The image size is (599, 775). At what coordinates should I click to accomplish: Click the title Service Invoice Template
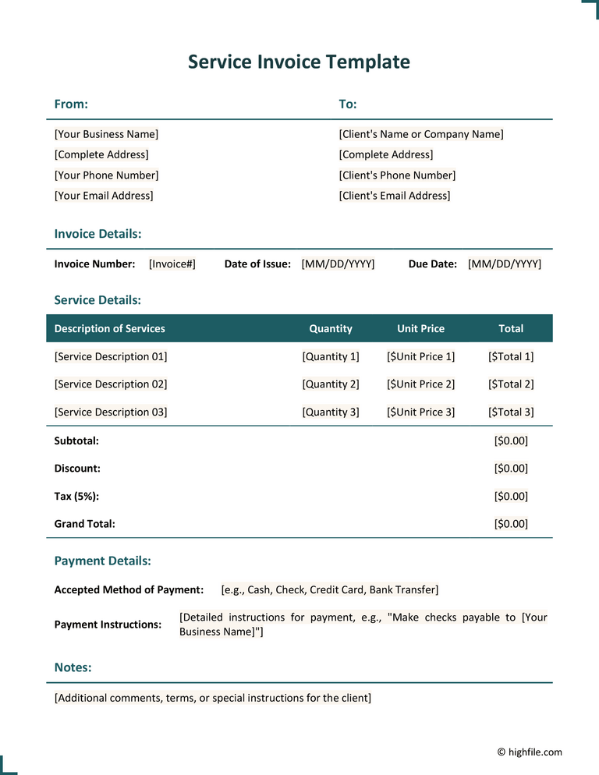coord(299,62)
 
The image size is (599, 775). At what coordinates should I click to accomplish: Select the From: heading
coord(71,104)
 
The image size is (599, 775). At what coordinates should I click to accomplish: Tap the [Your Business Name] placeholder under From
coord(106,134)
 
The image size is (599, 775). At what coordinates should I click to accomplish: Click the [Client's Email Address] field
coord(395,196)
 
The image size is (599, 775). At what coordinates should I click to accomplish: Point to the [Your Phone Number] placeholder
coord(106,175)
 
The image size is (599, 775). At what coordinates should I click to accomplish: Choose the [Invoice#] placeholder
coord(172,264)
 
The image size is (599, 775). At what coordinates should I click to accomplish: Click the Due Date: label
coord(433,264)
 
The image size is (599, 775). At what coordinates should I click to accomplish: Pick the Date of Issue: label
coord(257,264)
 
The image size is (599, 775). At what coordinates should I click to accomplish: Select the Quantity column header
coord(331,329)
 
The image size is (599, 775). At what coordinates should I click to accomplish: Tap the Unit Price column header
coord(420,329)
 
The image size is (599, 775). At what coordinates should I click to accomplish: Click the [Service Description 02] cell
coord(111,384)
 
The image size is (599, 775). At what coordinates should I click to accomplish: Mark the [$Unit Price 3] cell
coord(420,412)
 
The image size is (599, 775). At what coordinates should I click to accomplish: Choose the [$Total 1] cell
coord(511,357)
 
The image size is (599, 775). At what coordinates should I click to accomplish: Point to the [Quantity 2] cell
coord(331,384)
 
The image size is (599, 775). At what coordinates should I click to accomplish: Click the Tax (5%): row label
coord(76,497)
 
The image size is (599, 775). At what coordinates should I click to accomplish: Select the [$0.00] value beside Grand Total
coord(511,524)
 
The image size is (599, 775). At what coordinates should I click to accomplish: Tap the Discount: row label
coord(77,469)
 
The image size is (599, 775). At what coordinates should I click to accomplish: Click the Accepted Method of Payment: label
coord(129,590)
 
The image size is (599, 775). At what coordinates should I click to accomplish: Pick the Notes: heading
coord(73,668)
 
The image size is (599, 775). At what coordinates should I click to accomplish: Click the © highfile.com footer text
coord(530,752)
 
